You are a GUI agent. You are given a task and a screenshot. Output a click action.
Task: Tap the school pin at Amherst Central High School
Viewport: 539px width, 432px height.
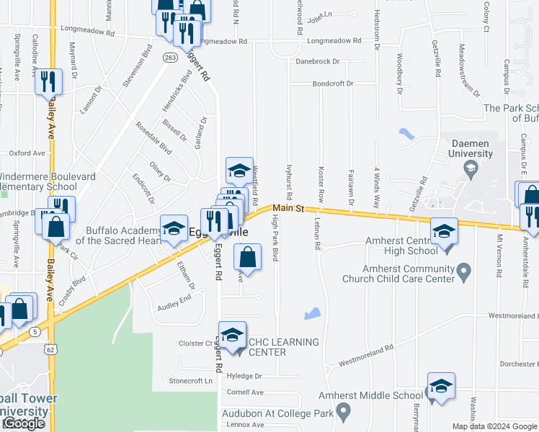pos(444,232)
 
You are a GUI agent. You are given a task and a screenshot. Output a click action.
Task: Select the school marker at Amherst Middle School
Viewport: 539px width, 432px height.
pos(441,386)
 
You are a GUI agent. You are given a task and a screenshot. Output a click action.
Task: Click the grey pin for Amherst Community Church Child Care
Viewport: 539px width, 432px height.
pos(464,273)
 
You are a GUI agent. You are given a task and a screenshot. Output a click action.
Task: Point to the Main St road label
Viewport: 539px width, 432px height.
pos(289,208)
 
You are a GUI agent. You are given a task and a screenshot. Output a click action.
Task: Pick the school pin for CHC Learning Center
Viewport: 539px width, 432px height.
pos(232,336)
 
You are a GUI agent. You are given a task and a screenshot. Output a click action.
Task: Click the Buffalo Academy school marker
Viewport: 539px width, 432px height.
pos(173,229)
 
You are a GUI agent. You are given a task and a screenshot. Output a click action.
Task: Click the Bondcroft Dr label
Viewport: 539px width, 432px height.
pos(333,84)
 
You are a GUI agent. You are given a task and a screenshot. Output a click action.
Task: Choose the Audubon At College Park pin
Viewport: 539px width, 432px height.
pos(344,413)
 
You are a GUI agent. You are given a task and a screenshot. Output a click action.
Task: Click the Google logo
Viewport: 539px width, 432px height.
pos(24,423)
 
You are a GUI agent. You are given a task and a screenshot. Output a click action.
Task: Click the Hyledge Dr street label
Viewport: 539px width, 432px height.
pos(244,376)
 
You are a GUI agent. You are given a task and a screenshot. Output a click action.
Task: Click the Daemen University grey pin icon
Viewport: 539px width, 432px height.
pos(471,169)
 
